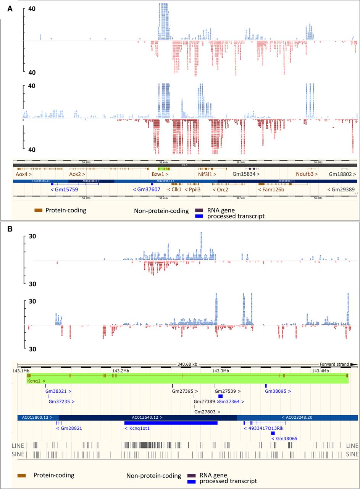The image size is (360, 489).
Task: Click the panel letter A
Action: [10, 8]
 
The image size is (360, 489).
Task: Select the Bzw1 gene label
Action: [160, 174]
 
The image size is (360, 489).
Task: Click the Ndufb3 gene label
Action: [307, 174]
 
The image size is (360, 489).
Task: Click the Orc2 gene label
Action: [220, 189]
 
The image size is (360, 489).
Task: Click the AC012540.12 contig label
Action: [147, 418]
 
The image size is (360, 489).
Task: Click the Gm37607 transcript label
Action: [147, 189]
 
